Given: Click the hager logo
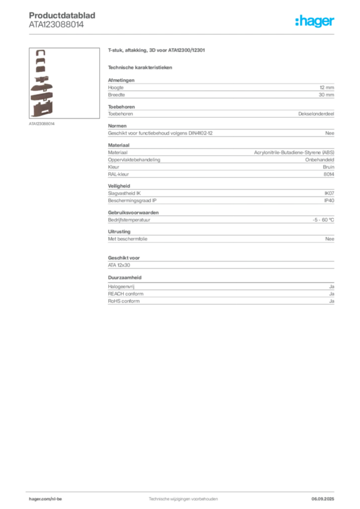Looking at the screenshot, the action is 314,21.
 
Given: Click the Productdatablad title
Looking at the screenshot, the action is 62,15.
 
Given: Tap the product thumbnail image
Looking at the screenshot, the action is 64,83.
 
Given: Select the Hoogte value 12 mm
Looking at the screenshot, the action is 327,87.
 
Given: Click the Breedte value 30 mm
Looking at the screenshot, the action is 326,95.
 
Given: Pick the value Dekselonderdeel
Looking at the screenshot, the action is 316,114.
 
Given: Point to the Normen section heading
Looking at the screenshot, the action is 117,126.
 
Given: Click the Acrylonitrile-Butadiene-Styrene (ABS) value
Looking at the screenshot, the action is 294,152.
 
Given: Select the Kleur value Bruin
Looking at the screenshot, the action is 329,167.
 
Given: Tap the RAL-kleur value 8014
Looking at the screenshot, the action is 329,174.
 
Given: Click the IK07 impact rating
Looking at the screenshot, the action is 329,193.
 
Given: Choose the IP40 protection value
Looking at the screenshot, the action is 329,201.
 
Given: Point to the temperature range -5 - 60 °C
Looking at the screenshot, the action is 323,220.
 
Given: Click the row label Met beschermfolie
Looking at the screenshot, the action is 128,239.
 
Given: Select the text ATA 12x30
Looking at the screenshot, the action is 119,265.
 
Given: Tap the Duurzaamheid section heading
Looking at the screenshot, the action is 125,277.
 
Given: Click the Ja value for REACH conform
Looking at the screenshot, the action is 332,294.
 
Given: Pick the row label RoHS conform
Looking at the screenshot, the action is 124,301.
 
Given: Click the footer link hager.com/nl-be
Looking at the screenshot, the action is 45,499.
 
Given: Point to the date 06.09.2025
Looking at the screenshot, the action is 323,499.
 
